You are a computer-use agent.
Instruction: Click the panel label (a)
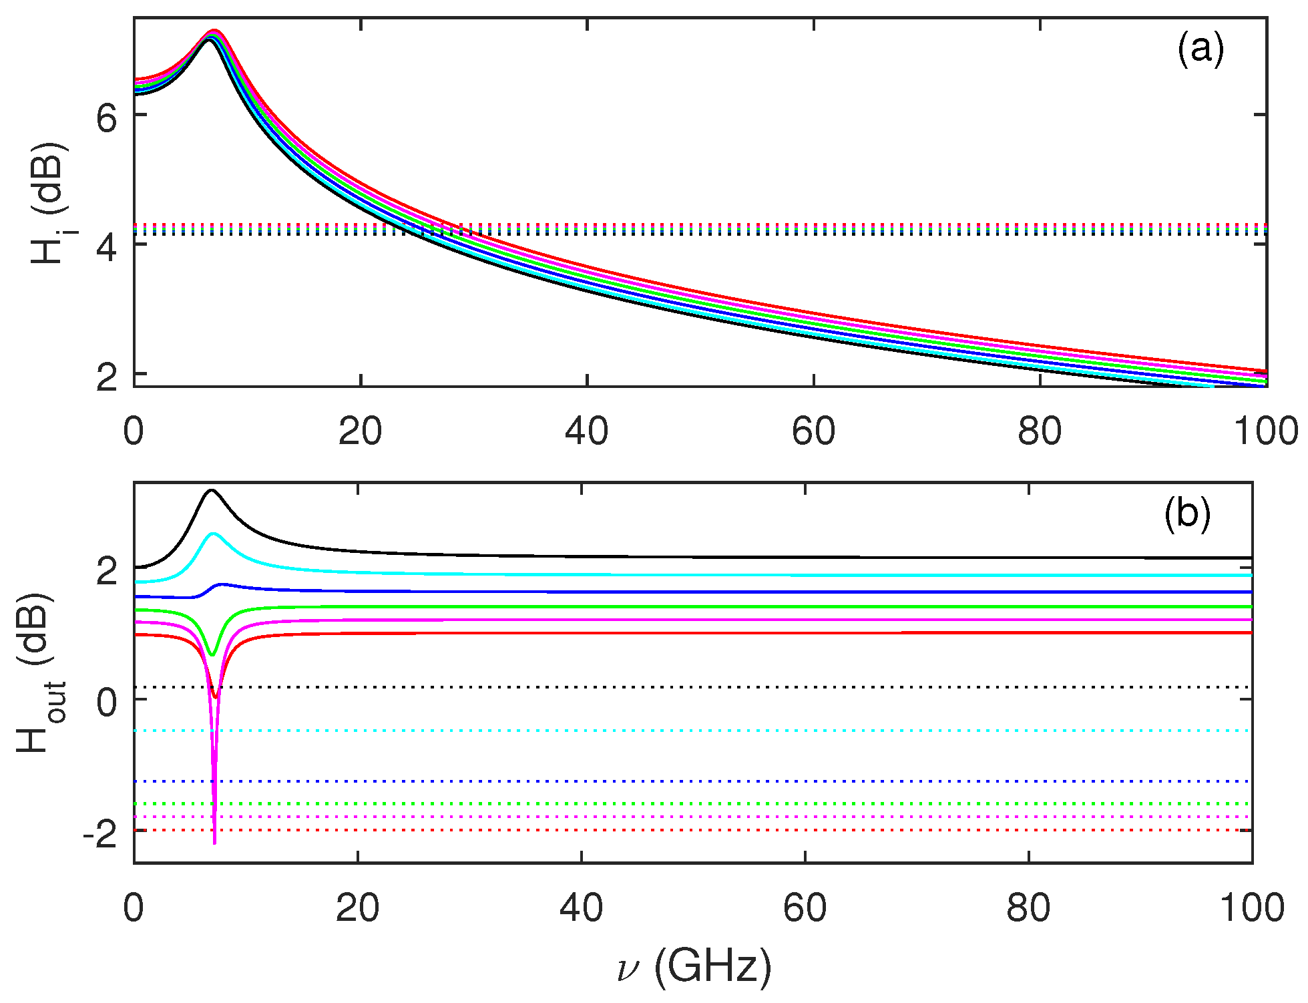tap(1200, 50)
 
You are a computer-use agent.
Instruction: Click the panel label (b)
tap(1186, 514)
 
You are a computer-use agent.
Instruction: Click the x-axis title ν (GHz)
tap(694, 966)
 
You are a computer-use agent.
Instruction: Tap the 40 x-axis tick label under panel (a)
tap(586, 432)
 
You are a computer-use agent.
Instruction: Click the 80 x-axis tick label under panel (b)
tap(1028, 909)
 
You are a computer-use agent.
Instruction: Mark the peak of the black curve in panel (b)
tap(212, 490)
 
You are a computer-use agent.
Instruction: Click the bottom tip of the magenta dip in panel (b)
tap(214, 843)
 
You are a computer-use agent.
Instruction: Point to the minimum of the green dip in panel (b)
tap(212, 654)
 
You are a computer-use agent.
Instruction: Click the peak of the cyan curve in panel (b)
tap(213, 534)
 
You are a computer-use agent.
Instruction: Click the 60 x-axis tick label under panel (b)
tap(805, 909)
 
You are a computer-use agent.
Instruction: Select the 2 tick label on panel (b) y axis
tap(107, 572)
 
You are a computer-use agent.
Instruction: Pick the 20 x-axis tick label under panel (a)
tap(360, 432)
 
